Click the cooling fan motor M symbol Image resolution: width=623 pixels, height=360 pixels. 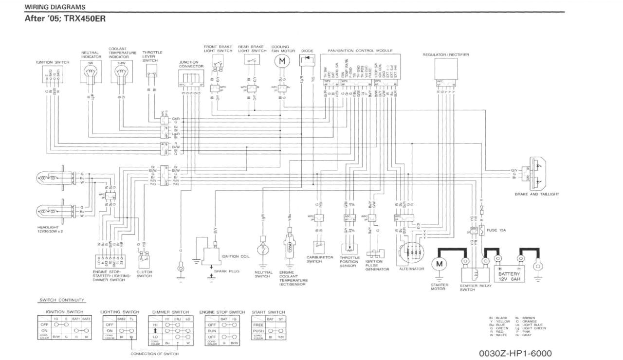(x=280, y=61)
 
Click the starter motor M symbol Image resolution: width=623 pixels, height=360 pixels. (x=440, y=264)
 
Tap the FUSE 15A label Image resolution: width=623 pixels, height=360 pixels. (x=495, y=230)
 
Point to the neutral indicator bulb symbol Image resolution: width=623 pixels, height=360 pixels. (x=91, y=72)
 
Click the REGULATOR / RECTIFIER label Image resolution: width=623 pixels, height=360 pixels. (x=445, y=55)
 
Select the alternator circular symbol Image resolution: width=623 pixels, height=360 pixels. (x=411, y=253)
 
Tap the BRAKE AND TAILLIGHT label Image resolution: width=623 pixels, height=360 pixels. (x=537, y=194)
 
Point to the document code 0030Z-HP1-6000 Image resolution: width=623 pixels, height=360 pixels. (x=515, y=353)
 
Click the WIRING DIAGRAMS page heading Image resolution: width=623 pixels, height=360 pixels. (x=55, y=7)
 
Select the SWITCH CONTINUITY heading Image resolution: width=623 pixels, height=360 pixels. (x=61, y=300)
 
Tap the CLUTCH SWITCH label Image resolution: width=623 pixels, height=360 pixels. (x=144, y=274)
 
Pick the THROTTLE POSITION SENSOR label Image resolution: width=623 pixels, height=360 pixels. (x=349, y=261)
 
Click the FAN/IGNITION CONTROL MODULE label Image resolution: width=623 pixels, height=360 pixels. (x=360, y=50)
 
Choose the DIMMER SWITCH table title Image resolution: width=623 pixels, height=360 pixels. (x=170, y=312)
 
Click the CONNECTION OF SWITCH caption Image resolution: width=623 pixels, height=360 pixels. (x=154, y=354)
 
